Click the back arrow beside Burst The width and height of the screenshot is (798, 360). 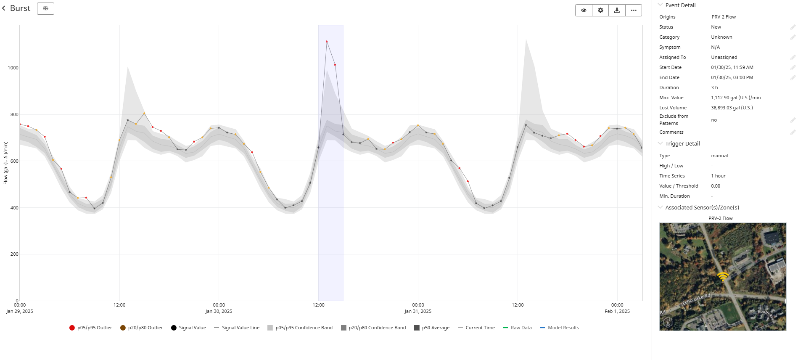tap(4, 8)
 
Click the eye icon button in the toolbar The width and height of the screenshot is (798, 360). tap(584, 11)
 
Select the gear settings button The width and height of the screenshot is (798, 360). tap(600, 11)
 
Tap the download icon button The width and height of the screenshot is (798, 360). tap(617, 11)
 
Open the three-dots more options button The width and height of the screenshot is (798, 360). tap(634, 11)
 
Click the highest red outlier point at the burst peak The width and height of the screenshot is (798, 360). tap(327, 42)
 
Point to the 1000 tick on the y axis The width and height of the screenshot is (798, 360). tap(13, 68)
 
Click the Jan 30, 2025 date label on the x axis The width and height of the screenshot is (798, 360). tap(219, 312)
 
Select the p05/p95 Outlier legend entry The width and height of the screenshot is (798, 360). tap(91, 328)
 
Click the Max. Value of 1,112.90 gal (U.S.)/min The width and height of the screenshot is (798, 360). tap(736, 98)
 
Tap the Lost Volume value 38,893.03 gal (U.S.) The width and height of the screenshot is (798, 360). tap(732, 108)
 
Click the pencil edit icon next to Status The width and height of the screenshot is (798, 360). tap(793, 27)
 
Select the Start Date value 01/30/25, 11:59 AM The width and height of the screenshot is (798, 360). tap(732, 68)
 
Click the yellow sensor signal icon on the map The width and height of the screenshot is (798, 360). tap(723, 276)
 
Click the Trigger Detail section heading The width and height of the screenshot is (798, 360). tap(682, 144)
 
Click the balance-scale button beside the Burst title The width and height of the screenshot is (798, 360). tap(45, 8)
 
